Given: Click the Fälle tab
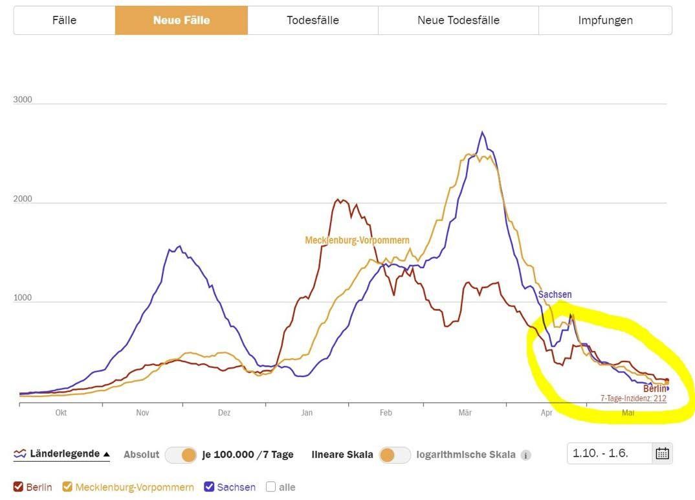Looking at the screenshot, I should (64, 20).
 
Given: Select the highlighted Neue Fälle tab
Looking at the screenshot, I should (181, 20).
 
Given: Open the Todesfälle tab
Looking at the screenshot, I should (313, 20).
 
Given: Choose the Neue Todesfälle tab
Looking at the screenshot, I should (458, 20).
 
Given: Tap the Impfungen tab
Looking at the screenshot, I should (605, 20).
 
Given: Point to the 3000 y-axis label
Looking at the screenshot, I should (23, 100).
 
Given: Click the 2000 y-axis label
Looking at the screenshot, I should (23, 199).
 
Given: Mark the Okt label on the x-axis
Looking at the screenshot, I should (61, 413).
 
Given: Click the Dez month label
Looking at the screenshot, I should (224, 413).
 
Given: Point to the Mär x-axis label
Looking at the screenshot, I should (465, 413).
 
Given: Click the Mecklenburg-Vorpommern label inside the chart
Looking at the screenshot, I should (357, 240).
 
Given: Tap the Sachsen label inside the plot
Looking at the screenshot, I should (555, 295).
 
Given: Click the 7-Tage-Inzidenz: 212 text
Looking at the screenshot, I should (633, 398).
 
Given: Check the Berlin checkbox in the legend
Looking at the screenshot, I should (18, 487).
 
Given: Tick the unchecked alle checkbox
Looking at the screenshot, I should (270, 487).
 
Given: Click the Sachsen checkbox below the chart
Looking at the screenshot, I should (209, 487).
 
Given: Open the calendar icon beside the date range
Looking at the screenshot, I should (662, 453).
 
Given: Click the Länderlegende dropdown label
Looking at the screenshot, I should (61, 454).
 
